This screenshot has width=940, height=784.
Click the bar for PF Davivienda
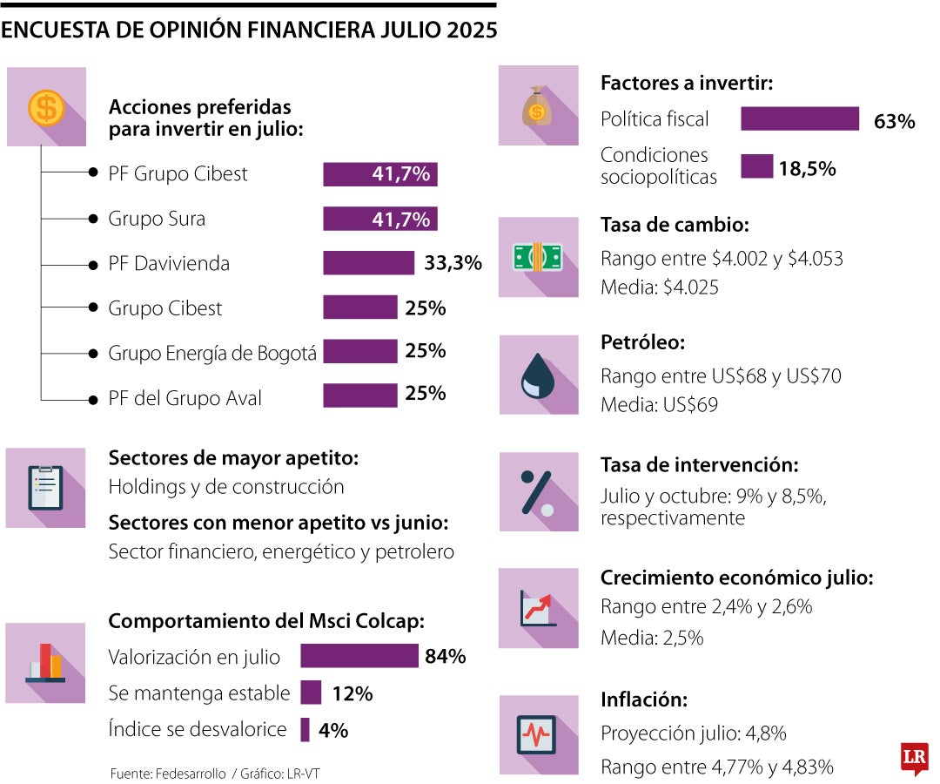click(368, 263)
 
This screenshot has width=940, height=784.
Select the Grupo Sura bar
click(379, 219)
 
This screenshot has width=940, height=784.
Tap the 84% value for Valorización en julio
click(446, 656)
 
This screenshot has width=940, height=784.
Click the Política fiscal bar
click(800, 119)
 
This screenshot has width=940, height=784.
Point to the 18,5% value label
click(807, 168)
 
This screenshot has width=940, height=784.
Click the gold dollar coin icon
click(45, 108)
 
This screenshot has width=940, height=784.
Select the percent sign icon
click(537, 492)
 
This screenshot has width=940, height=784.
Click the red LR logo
click(915, 759)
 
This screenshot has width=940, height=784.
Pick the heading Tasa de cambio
click(675, 225)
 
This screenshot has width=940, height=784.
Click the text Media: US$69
click(659, 405)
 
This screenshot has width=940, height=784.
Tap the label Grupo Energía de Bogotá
click(211, 353)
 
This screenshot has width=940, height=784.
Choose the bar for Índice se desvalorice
click(305, 730)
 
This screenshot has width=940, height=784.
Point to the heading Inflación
click(644, 700)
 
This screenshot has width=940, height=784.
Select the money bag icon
click(537, 108)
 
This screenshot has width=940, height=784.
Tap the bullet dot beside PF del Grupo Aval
click(91, 399)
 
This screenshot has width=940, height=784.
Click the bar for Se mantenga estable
click(311, 693)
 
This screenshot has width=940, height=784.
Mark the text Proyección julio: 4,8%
click(693, 733)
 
